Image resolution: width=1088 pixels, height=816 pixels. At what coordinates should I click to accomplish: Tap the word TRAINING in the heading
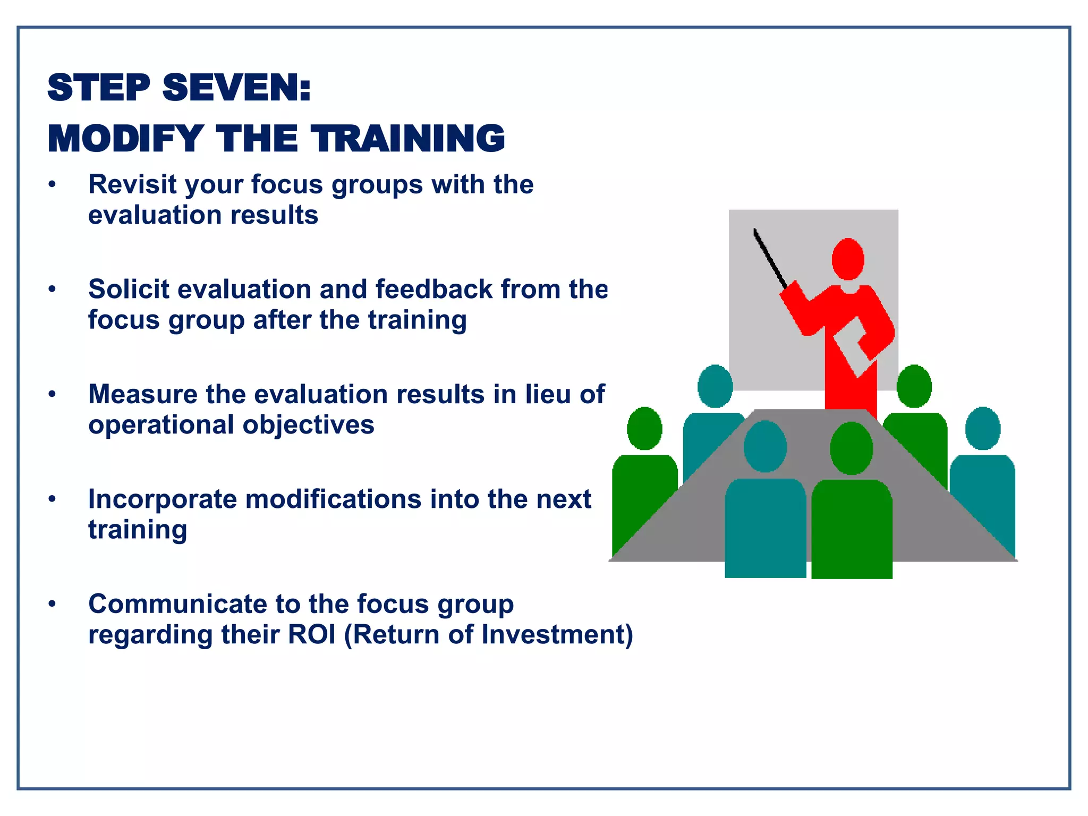(x=408, y=139)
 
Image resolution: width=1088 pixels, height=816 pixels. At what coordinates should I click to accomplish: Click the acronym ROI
(x=312, y=635)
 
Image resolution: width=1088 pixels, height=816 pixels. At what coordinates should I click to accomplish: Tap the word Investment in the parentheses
(x=552, y=635)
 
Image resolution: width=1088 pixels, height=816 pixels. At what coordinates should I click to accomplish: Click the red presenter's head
(x=847, y=259)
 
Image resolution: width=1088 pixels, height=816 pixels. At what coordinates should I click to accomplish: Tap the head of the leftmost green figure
(x=644, y=428)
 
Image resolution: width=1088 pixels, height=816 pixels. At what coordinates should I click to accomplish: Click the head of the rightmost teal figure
(x=982, y=428)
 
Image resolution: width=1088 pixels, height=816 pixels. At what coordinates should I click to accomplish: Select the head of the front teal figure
(x=765, y=446)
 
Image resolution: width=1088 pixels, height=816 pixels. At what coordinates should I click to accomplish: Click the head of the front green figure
(x=851, y=448)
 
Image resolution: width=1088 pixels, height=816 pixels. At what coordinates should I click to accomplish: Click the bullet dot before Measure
(x=52, y=395)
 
